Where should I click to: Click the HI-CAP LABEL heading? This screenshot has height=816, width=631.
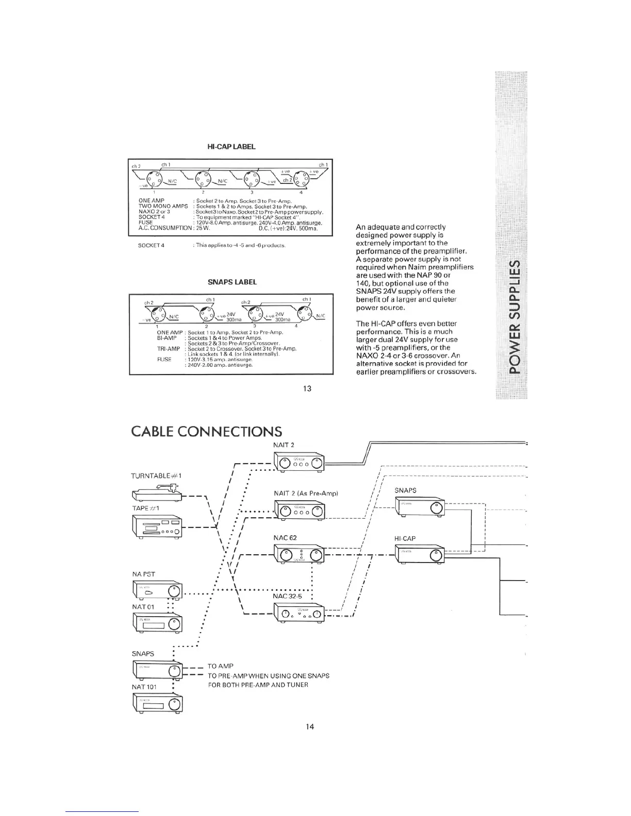tap(231, 147)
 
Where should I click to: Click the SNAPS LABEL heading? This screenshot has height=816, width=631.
tap(231, 282)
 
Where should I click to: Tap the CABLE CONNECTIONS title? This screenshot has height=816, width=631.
tap(207, 431)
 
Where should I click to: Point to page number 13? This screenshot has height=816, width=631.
tap(307, 388)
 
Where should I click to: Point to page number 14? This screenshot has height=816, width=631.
tap(310, 727)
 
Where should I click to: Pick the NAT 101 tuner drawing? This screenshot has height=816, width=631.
tap(157, 703)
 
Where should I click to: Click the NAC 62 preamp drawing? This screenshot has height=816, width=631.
tap(299, 554)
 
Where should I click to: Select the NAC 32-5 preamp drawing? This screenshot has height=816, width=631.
tap(299, 613)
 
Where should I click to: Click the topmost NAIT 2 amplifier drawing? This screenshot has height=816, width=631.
tap(299, 462)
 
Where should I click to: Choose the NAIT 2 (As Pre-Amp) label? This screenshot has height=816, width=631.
tap(306, 494)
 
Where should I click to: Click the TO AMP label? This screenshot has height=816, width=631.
tap(220, 666)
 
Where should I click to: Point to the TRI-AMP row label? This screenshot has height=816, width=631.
tap(169, 349)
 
